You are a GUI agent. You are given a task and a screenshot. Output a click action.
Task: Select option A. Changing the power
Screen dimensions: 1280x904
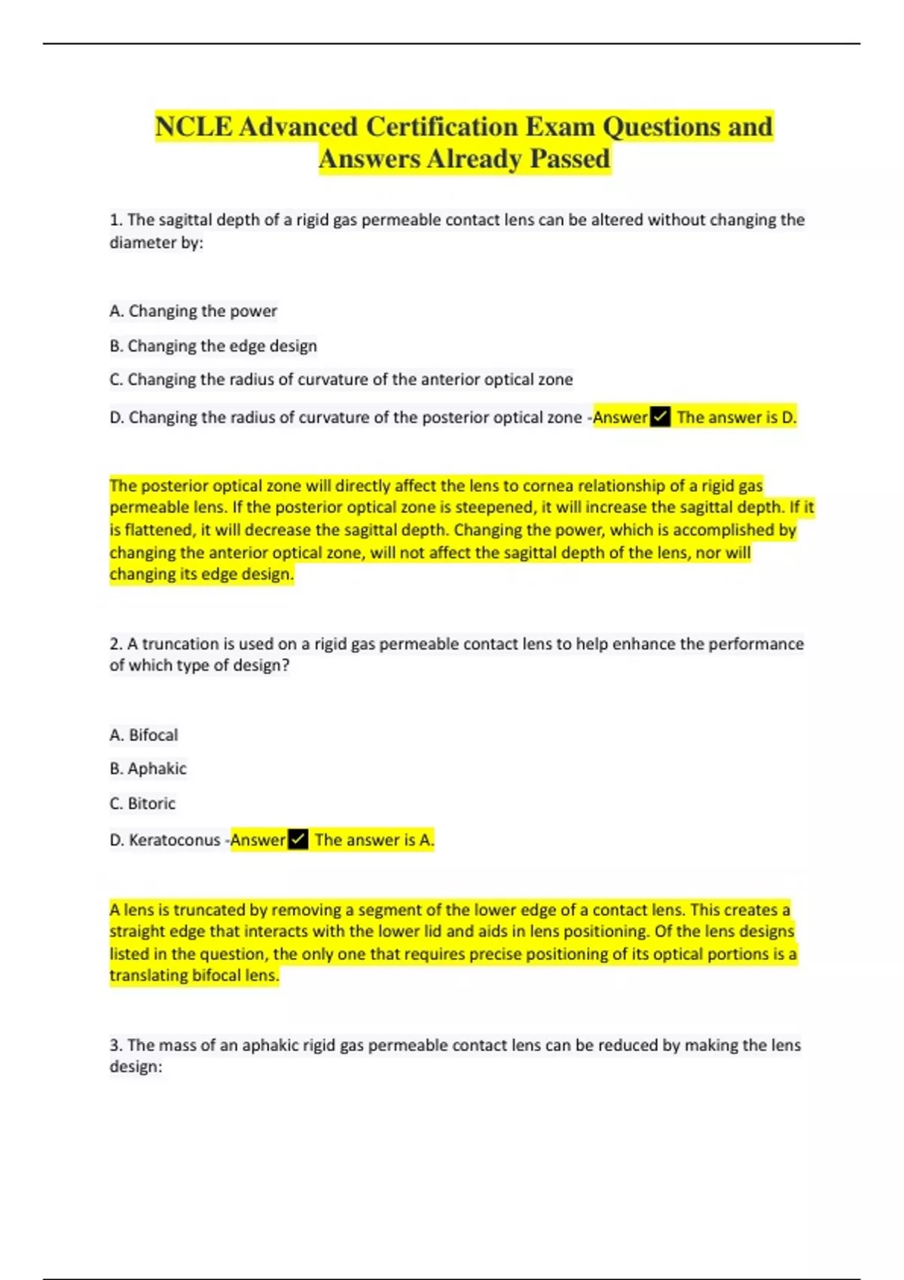point(193,311)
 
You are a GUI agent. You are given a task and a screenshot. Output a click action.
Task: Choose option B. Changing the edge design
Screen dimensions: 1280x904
point(213,346)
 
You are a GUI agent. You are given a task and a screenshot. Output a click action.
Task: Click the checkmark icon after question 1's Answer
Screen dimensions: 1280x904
point(660,417)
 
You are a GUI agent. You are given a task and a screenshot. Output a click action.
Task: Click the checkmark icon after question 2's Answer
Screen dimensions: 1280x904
point(298,840)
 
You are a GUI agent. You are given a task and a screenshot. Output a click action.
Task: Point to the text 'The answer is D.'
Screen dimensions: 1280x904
point(736,417)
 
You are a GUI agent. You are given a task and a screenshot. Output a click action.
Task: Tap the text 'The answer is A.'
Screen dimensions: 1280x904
point(374,840)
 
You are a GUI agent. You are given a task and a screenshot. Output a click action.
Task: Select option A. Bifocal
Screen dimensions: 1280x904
point(144,735)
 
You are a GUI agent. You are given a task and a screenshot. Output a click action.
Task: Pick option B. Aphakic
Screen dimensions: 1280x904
point(148,769)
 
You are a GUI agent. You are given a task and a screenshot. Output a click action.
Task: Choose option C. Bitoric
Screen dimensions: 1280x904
point(142,803)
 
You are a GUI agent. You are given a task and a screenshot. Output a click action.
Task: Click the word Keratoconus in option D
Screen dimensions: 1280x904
point(174,840)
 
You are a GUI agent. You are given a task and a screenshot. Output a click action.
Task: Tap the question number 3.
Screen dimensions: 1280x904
point(115,1045)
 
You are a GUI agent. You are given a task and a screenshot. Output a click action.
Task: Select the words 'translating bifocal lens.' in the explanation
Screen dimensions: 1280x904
point(194,976)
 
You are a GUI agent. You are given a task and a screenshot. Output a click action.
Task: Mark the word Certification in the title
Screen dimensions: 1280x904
point(438,126)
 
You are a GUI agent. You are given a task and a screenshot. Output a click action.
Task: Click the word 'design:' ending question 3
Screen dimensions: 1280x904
point(136,1067)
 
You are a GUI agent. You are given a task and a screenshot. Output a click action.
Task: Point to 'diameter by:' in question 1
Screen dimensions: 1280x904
point(156,242)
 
